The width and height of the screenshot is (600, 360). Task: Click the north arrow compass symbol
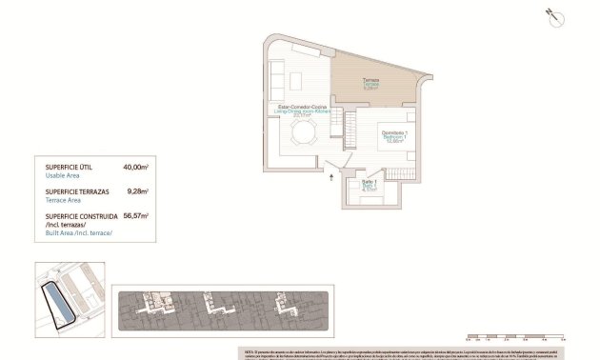click(550, 13)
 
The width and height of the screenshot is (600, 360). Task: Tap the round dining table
click(299, 135)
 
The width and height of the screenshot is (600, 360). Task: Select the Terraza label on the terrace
click(370, 80)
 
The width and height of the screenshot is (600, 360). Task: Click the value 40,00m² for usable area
click(136, 167)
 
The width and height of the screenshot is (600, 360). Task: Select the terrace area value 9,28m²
click(138, 190)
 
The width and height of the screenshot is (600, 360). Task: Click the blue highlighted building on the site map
click(60, 304)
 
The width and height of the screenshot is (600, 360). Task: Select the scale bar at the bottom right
click(510, 335)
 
